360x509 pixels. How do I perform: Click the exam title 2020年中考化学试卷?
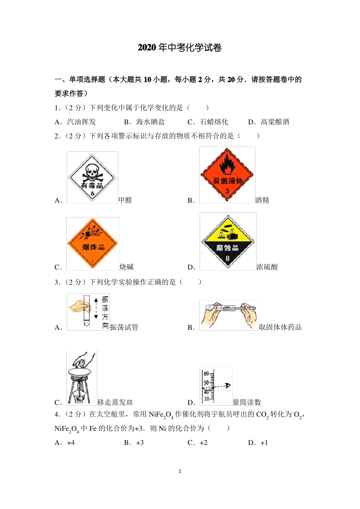(180, 48)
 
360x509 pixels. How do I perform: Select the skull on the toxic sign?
(92, 172)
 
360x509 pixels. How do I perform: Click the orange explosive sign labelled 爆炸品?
(93, 244)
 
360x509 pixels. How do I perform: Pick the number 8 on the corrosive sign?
(227, 258)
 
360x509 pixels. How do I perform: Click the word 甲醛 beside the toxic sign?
(125, 200)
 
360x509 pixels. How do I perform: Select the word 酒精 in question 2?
(262, 200)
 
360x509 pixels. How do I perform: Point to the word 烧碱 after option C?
(127, 267)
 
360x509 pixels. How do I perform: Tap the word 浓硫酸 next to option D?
(267, 267)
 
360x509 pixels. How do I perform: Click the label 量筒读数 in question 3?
(247, 402)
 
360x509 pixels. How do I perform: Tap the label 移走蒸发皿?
(115, 402)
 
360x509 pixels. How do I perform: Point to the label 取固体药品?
(280, 327)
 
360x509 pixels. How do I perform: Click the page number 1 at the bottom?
(180, 472)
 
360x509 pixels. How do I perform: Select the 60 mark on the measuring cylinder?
(207, 374)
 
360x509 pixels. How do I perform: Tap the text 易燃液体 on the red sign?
(227, 181)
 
